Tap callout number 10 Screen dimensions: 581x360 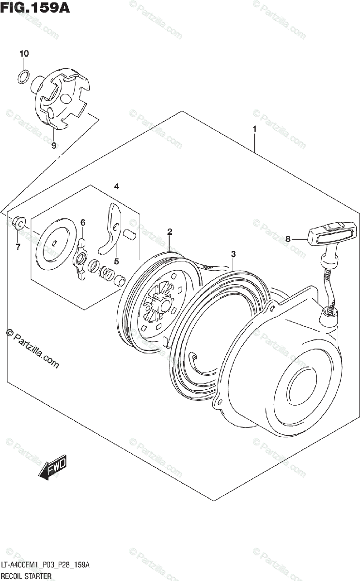coord(24,54)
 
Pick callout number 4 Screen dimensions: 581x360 coord(116,186)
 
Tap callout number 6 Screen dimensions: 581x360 coord(83,222)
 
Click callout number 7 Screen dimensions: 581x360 coord(18,247)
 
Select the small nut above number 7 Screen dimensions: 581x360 coord(18,222)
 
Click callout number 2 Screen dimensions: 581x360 coord(170,231)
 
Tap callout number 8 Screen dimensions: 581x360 coord(288,239)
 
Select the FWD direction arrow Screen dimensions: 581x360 coord(53,467)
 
